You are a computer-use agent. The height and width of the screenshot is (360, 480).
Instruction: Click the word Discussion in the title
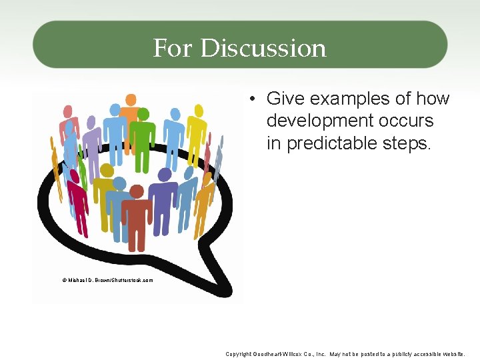click(x=263, y=48)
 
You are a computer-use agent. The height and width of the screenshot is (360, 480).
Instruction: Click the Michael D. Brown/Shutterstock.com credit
click(x=107, y=280)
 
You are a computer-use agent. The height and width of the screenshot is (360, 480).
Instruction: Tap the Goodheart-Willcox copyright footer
click(x=345, y=354)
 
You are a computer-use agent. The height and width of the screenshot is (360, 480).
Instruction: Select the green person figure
click(x=142, y=137)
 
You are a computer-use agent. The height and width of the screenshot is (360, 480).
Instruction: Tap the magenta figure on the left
click(x=77, y=203)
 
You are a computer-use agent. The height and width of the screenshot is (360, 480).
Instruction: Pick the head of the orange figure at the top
click(x=131, y=100)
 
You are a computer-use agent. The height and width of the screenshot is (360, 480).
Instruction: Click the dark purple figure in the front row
click(x=163, y=200)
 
